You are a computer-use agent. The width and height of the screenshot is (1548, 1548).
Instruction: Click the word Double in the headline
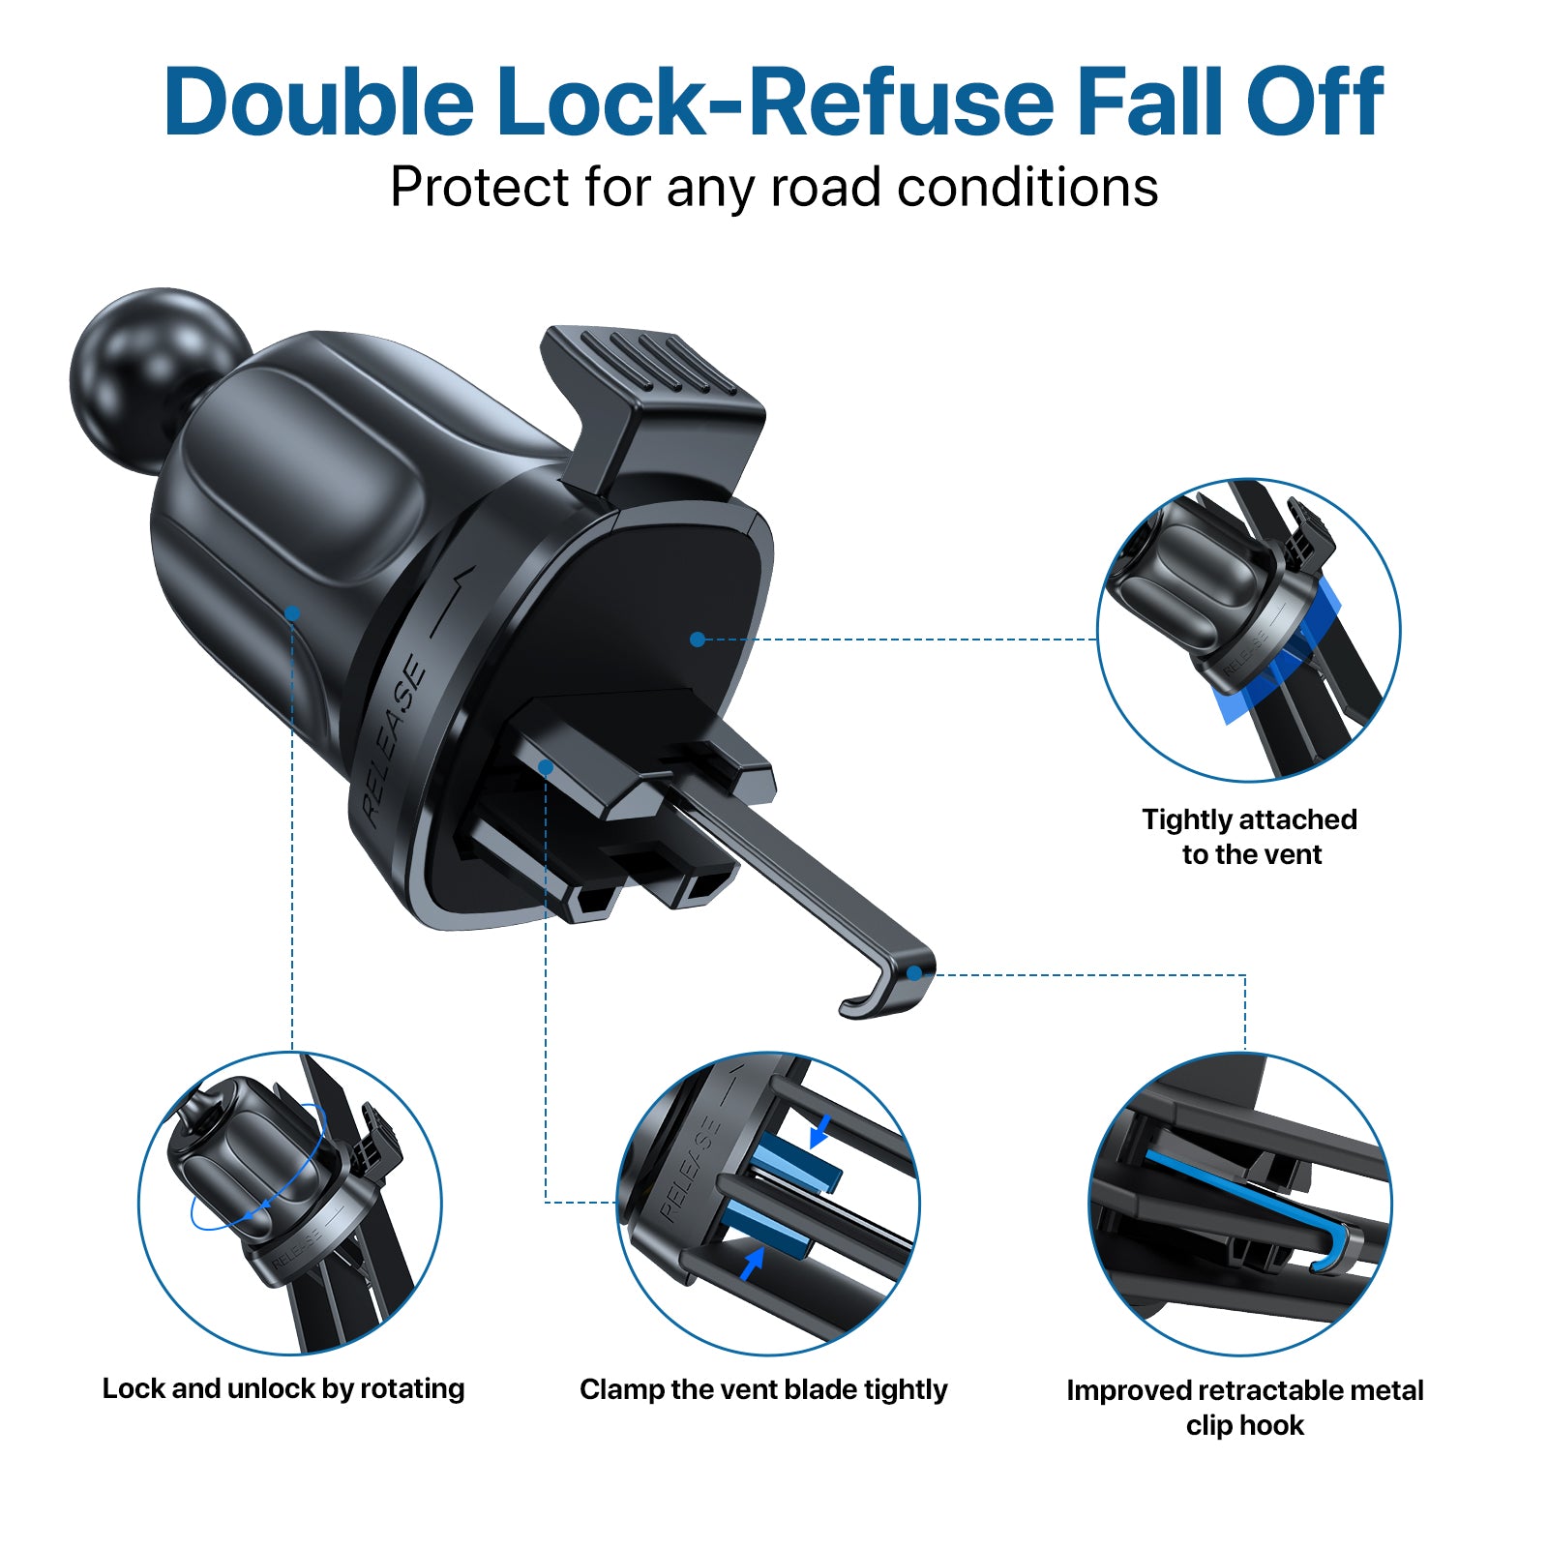click(x=319, y=101)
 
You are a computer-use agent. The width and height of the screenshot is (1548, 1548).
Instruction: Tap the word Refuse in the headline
click(x=902, y=101)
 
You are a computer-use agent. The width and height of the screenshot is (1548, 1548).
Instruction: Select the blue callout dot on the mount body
click(x=292, y=613)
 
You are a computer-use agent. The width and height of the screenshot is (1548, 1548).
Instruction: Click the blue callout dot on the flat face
click(x=698, y=640)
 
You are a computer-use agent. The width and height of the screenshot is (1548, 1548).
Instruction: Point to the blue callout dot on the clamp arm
click(x=546, y=767)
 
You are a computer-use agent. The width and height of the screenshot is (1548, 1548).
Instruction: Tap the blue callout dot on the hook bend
click(x=914, y=973)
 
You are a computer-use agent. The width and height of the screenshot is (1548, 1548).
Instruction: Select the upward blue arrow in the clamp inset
click(x=752, y=1263)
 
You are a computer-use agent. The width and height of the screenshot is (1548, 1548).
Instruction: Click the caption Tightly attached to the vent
click(x=1250, y=837)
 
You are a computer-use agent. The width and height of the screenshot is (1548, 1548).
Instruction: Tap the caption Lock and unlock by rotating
click(x=283, y=1389)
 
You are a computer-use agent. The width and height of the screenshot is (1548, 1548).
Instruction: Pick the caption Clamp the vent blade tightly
click(x=763, y=1390)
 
